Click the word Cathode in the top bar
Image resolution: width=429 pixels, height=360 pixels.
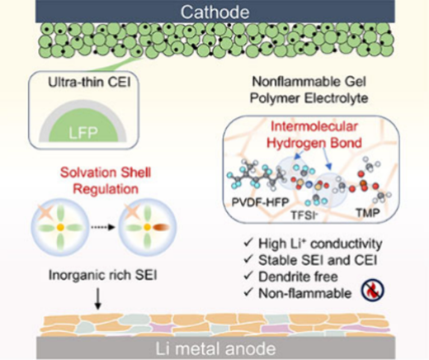(x=214, y=12)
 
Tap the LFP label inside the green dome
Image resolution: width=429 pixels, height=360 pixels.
(x=83, y=133)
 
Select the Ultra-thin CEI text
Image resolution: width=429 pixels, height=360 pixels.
(x=89, y=82)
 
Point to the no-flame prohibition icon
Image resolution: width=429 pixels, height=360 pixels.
(x=373, y=291)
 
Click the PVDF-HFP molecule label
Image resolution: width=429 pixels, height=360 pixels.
(x=260, y=202)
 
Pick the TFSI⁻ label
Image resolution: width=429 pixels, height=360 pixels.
(x=304, y=215)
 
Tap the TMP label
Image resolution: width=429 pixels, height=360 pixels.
(x=368, y=212)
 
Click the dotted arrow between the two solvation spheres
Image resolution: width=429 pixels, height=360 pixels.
(x=102, y=227)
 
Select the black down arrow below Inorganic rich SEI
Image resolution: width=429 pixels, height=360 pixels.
(x=98, y=299)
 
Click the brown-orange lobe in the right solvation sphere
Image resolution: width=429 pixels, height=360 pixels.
(x=161, y=227)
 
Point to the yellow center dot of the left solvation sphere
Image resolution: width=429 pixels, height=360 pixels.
(x=60, y=227)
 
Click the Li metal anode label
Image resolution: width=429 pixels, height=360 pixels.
(x=215, y=348)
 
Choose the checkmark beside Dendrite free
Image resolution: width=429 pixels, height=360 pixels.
(x=248, y=276)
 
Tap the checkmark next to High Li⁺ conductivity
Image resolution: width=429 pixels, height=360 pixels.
(x=248, y=243)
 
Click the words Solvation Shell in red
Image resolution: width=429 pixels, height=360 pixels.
(x=106, y=173)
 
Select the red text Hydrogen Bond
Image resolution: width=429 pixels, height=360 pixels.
(x=314, y=143)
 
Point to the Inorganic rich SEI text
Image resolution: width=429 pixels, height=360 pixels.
(x=103, y=275)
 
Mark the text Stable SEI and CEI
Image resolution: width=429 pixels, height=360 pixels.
(x=318, y=260)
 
